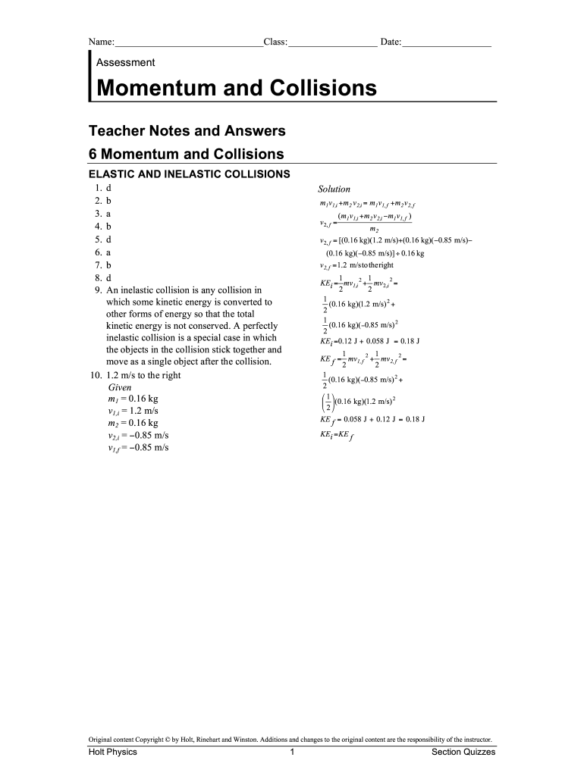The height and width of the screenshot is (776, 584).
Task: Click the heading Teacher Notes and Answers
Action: (x=187, y=130)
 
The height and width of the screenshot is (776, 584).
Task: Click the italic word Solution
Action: (x=334, y=189)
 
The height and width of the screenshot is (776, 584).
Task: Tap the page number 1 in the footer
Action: (x=292, y=753)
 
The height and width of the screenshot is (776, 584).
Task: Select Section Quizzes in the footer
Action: (x=463, y=753)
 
